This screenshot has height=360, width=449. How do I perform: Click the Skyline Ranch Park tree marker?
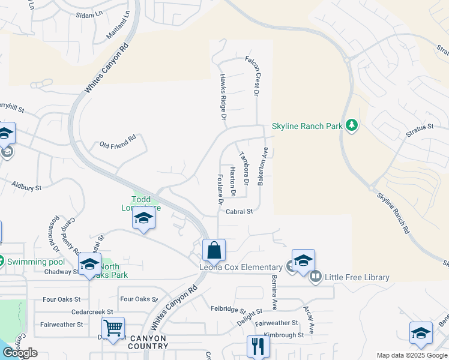point(352,125)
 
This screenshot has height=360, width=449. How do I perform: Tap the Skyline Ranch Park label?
point(307,126)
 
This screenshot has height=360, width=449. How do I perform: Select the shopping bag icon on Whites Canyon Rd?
point(214,249)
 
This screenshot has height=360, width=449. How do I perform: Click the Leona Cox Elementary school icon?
point(303,260)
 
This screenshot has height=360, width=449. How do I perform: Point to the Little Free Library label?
point(357,277)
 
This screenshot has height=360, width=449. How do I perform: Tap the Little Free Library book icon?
point(316,277)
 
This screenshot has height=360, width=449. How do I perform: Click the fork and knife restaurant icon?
point(258,346)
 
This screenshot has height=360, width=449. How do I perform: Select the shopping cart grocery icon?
point(113,328)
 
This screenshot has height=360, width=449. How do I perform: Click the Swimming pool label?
point(35,262)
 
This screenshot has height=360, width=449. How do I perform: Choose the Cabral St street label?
point(240,211)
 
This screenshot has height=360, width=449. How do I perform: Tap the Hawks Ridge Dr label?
point(222,95)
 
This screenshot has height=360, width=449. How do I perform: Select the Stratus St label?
point(419,128)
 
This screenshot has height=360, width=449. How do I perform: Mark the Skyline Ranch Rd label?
point(394,213)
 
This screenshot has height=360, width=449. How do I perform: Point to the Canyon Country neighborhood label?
point(148,342)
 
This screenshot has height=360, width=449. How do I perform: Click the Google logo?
point(20,353)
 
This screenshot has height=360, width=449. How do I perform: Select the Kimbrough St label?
point(284,335)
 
